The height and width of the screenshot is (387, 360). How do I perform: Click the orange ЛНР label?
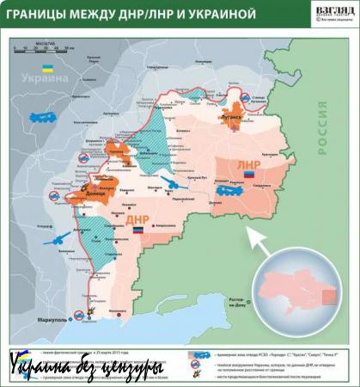[x=248, y=163]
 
